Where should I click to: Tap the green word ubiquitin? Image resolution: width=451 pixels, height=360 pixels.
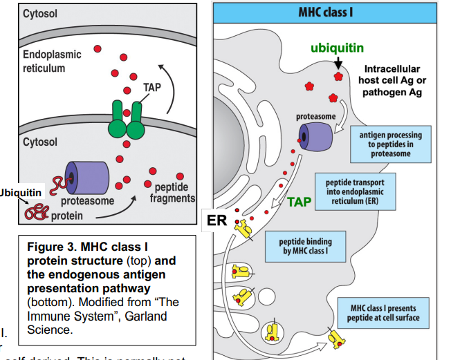(x=337, y=48)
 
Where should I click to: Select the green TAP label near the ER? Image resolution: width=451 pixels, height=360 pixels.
(x=298, y=202)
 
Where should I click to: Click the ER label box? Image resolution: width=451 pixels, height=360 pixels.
(x=218, y=219)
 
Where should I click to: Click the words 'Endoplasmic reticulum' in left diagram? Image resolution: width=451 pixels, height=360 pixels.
(x=52, y=61)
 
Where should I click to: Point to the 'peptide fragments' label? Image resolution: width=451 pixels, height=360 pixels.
(x=174, y=193)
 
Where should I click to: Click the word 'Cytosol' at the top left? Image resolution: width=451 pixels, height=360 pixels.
(x=40, y=14)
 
